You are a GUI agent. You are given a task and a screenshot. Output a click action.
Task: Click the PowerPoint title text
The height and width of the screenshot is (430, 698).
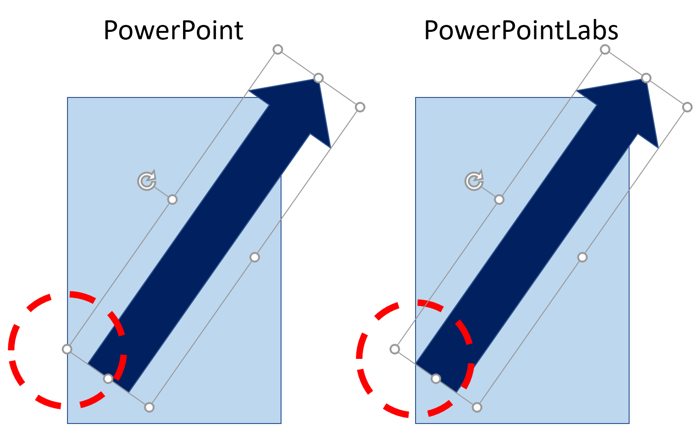(173, 30)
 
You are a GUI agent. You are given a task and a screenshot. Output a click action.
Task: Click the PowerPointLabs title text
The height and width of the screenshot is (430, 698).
(521, 30)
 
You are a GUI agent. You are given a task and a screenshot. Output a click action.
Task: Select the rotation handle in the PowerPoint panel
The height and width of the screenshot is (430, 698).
(147, 181)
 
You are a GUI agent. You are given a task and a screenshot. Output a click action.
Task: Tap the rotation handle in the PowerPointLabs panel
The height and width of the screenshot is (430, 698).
(474, 181)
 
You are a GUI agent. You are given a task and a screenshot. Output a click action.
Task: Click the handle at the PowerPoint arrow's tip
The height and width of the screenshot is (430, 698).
(318, 78)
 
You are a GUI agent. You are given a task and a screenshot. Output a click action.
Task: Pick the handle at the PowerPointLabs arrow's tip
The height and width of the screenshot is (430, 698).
(646, 78)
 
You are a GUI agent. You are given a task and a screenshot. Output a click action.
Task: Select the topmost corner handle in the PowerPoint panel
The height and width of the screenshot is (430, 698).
(278, 49)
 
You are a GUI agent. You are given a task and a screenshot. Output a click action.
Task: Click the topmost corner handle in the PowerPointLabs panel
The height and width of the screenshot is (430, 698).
(605, 49)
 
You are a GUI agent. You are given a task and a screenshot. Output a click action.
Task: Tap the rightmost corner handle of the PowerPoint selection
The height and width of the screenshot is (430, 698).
(360, 107)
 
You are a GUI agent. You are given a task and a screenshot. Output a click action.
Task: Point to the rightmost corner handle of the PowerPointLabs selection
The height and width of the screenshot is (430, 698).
(687, 107)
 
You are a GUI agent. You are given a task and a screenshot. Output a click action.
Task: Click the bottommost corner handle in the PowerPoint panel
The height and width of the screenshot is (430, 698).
(149, 407)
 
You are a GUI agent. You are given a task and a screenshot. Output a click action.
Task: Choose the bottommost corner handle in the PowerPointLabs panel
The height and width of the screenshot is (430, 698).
(477, 407)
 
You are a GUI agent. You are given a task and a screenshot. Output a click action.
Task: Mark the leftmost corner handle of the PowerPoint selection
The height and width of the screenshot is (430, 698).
(67, 349)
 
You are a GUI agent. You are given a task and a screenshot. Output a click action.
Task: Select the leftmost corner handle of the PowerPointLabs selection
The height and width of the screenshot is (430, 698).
(395, 349)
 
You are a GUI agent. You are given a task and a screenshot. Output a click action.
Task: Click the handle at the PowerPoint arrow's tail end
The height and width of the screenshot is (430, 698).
(108, 379)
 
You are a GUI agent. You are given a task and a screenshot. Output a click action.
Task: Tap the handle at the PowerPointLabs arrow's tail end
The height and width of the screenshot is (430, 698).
(436, 379)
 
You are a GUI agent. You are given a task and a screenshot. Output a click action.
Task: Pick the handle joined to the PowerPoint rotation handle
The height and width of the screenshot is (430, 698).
(172, 200)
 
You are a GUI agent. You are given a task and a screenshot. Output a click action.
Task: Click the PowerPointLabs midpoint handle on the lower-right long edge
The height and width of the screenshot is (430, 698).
(582, 257)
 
